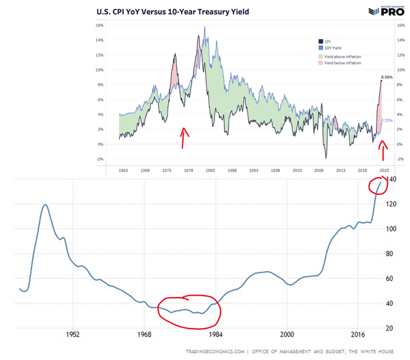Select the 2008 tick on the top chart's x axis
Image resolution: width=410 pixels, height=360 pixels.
322,170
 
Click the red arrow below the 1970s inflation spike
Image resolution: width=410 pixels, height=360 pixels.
184,137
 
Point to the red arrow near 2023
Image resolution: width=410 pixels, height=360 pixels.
382,151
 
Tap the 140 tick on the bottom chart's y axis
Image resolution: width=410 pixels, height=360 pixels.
392,180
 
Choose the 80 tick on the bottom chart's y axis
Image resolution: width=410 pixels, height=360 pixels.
390,254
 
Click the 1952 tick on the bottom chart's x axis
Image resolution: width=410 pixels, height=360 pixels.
73,334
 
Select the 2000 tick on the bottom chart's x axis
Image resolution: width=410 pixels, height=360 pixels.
287,334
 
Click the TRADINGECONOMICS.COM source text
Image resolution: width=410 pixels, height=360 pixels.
215,351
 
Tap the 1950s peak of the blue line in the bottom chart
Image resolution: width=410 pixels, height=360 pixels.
45,205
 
